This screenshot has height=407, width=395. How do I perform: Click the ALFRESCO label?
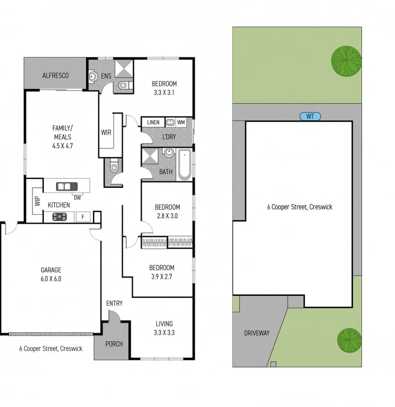[56, 75]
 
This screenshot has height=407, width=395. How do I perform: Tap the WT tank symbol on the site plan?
[310, 116]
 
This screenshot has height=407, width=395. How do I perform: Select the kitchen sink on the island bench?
[67, 186]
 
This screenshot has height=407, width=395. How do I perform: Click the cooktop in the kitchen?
[60, 217]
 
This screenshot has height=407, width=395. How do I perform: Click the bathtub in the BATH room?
[184, 165]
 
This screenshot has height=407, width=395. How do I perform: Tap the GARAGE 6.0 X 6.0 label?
[51, 274]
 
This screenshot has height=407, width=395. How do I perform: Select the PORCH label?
[114, 343]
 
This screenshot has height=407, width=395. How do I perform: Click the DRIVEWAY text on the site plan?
[257, 333]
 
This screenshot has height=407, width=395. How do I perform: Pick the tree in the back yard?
[346, 60]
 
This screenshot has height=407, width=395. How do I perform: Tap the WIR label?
[106, 132]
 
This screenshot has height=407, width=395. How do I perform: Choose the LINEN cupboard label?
[153, 122]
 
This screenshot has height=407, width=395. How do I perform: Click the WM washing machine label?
[181, 122]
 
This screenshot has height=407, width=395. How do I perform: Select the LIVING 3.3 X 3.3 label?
[164, 328]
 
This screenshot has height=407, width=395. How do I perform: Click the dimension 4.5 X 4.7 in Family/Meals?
[62, 146]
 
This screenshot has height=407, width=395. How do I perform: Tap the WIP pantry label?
[37, 202]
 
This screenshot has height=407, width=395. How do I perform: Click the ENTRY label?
[114, 303]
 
